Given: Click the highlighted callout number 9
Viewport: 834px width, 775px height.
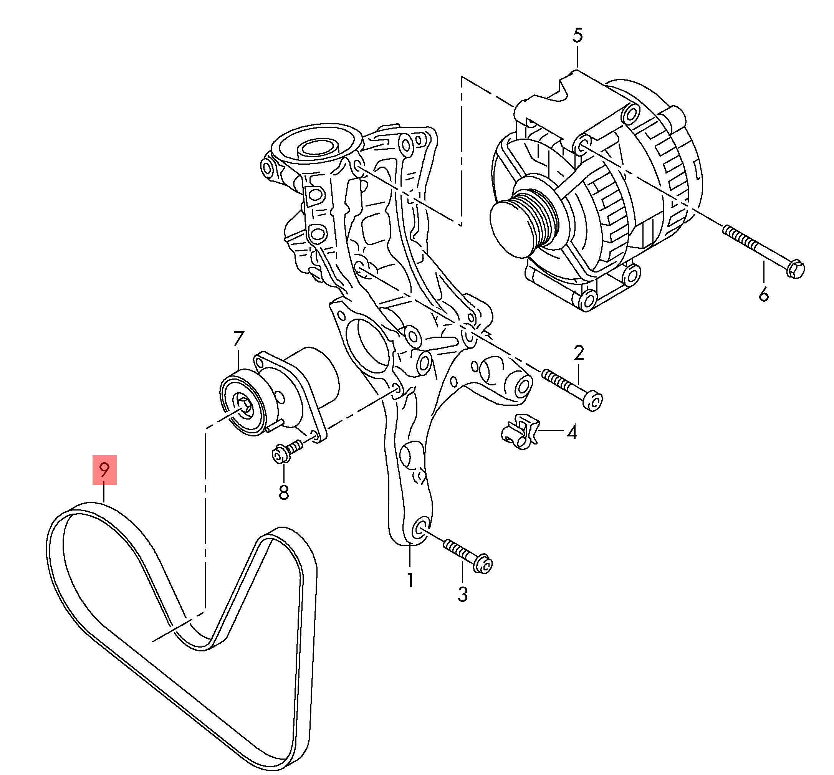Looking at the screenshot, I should click(x=104, y=470).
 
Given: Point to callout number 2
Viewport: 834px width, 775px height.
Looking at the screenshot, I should click(x=579, y=354).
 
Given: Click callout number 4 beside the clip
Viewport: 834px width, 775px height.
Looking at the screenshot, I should click(x=572, y=431).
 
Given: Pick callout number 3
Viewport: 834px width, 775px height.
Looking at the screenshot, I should click(x=462, y=595).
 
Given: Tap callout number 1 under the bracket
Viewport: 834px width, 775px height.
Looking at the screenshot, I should click(x=410, y=580).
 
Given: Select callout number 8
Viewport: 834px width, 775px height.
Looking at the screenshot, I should click(x=284, y=492).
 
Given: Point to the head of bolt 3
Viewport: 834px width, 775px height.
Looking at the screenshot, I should click(x=484, y=565).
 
